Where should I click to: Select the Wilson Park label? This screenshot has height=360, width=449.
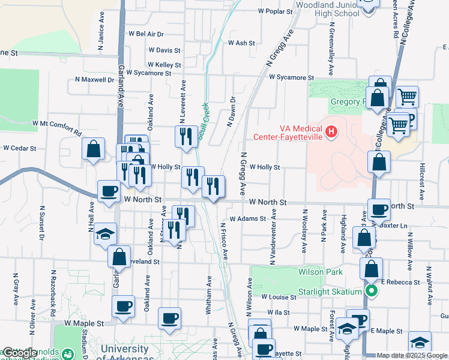[321, 272]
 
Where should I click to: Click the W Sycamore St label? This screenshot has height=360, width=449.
[291, 77]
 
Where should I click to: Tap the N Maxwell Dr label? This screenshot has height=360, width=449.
[94, 79]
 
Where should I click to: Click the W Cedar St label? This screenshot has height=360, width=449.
[17, 148]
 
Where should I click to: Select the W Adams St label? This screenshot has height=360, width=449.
[246, 219]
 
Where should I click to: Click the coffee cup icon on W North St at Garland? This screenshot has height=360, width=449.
[109, 191]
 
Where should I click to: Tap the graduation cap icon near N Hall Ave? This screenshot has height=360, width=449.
[105, 234]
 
